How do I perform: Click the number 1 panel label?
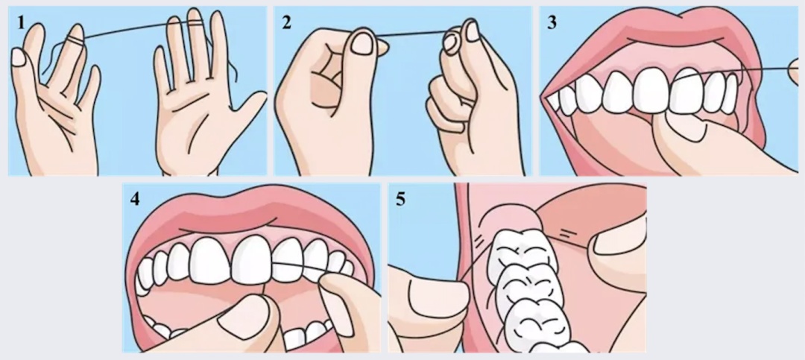21,23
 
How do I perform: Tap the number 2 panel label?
286,23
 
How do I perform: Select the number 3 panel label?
552,23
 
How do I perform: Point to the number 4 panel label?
134,199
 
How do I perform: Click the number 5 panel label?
400,199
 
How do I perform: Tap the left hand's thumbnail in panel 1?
18,57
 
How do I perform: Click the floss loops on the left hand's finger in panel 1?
75,40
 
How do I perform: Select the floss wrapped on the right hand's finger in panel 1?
194,23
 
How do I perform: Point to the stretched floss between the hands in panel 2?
411,34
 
